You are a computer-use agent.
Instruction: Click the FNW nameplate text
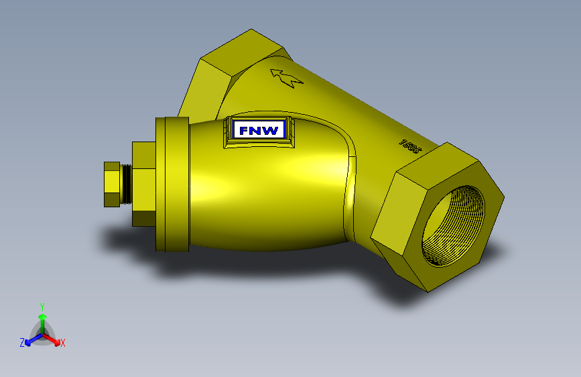click(259, 130)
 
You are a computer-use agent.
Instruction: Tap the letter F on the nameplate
click(245, 130)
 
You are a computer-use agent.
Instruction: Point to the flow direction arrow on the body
click(286, 78)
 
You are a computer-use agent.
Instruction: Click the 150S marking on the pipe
click(409, 146)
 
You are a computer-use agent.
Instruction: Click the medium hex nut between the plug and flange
click(143, 183)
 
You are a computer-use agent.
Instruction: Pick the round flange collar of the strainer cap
click(172, 184)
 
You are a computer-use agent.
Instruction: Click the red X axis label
click(63, 343)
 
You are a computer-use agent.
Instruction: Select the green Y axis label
click(42, 306)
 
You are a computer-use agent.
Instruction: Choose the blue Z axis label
click(22, 342)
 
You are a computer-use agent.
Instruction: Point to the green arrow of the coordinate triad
click(42, 318)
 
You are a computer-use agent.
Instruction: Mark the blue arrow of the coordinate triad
click(31, 341)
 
